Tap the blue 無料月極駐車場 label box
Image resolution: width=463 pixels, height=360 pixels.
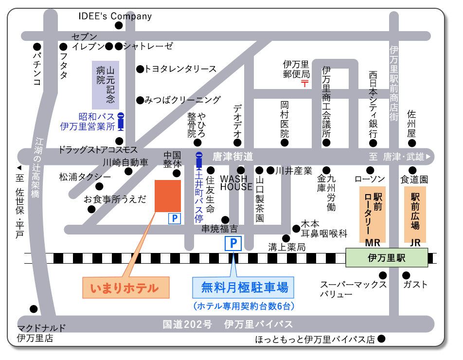pos(244,287)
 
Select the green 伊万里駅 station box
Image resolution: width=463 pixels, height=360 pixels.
pos(387,257)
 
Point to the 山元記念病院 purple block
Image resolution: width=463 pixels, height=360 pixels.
pos(106,84)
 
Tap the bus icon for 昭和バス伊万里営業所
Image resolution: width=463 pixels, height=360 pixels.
pos(121,122)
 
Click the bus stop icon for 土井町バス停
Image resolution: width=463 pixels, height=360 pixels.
pos(198,161)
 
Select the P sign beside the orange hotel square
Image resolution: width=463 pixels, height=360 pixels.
pos(174,219)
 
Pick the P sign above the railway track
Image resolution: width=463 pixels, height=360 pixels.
pos(233,243)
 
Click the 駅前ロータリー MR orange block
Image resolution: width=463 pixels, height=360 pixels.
pos(372,214)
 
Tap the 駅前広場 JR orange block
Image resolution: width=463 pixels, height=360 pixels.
pos(415,214)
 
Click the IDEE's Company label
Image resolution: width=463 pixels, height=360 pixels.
pos(115,16)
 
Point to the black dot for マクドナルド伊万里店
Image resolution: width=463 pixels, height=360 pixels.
pos(34,308)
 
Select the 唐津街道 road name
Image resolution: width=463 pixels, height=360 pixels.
pos(233,157)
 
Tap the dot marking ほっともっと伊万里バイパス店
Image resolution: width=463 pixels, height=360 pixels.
pos(382,339)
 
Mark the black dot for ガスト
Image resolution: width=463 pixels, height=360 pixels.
pos(406,275)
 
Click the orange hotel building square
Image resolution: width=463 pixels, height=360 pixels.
pos(168,196)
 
